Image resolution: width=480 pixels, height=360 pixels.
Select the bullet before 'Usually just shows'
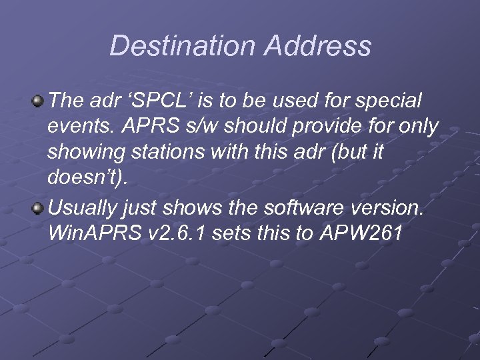point(39,208)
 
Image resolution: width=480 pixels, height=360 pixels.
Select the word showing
point(81,153)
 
